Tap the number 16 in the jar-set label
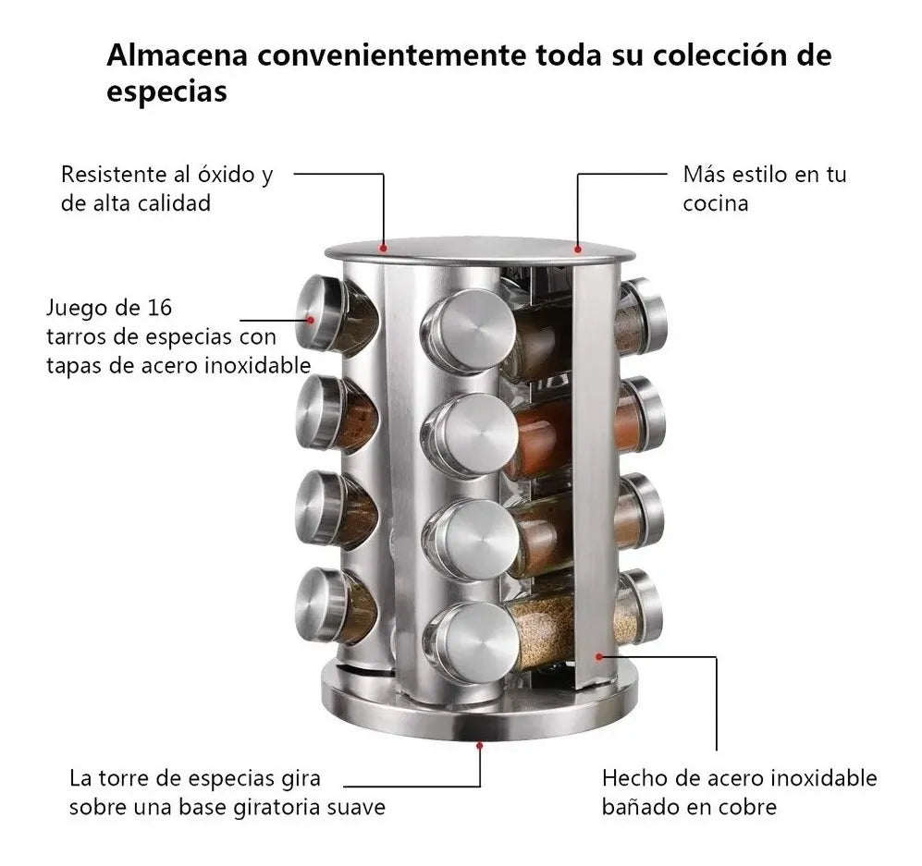tap(158, 308)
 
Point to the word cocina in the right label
tap(715, 203)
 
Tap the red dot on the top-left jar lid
tap(312, 321)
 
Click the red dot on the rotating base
tap(479, 741)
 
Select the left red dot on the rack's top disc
tap(384, 247)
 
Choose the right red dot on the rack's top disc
tap(578, 248)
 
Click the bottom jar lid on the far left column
tap(323, 605)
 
